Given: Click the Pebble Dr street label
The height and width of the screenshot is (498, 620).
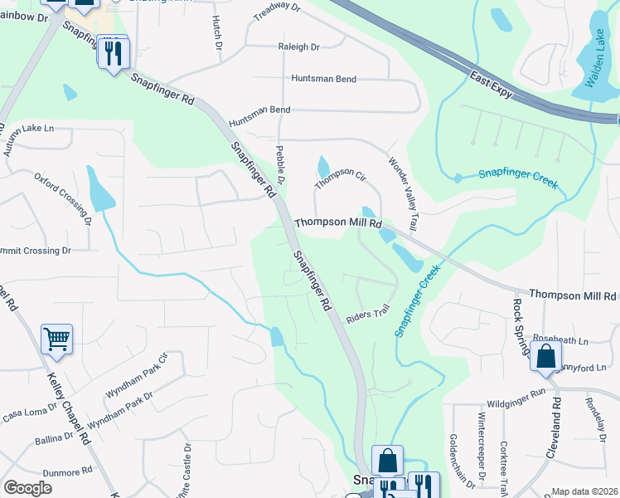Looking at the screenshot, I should (x=280, y=164).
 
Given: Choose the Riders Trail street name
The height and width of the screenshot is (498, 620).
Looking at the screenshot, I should (x=368, y=312).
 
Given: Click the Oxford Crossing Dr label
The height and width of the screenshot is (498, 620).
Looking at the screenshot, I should (x=62, y=199).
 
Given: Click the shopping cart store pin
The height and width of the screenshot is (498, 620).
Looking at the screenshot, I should (x=56, y=338).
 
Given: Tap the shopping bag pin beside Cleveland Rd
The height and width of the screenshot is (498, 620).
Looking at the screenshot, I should (x=546, y=356).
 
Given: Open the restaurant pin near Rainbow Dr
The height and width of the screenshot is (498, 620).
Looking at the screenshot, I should (x=113, y=53).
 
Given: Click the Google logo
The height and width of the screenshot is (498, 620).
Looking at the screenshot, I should (x=27, y=488).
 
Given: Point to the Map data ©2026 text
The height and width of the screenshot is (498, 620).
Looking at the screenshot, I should (x=584, y=491).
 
